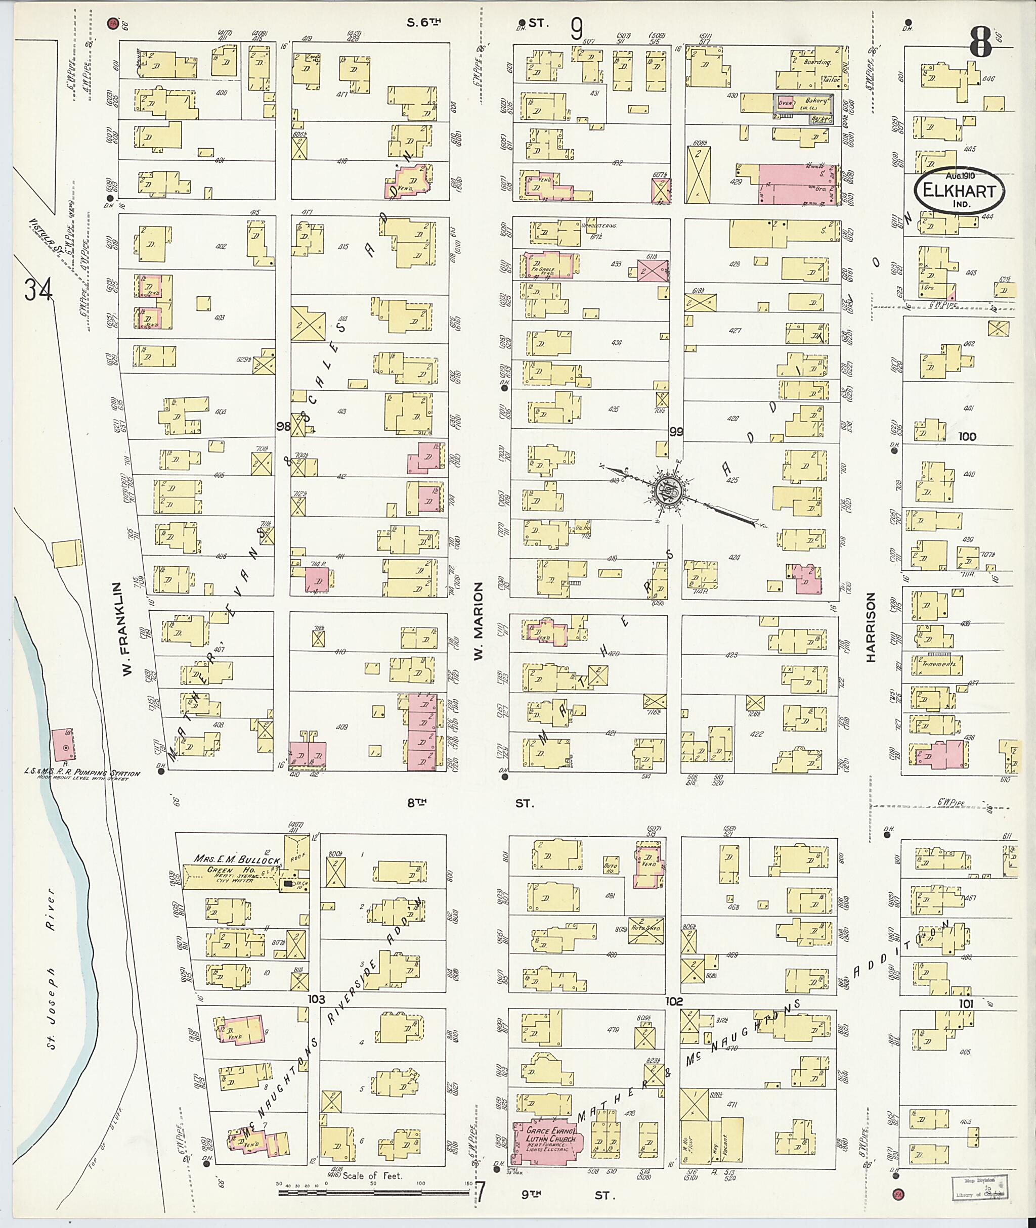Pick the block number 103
pos(317,998)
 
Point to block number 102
pos(674,1001)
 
